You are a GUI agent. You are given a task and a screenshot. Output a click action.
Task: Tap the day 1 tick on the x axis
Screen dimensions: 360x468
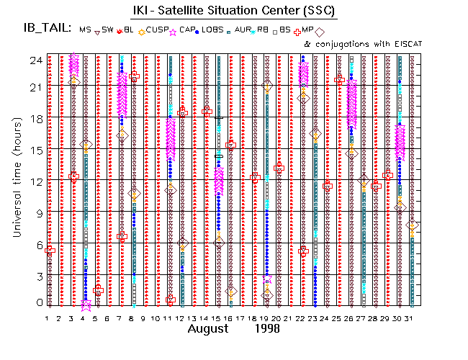click(x=48, y=318)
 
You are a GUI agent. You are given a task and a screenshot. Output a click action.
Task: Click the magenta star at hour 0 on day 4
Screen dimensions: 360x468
click(x=86, y=304)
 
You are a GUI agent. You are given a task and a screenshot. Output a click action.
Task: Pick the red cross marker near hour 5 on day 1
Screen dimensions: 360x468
click(x=50, y=250)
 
